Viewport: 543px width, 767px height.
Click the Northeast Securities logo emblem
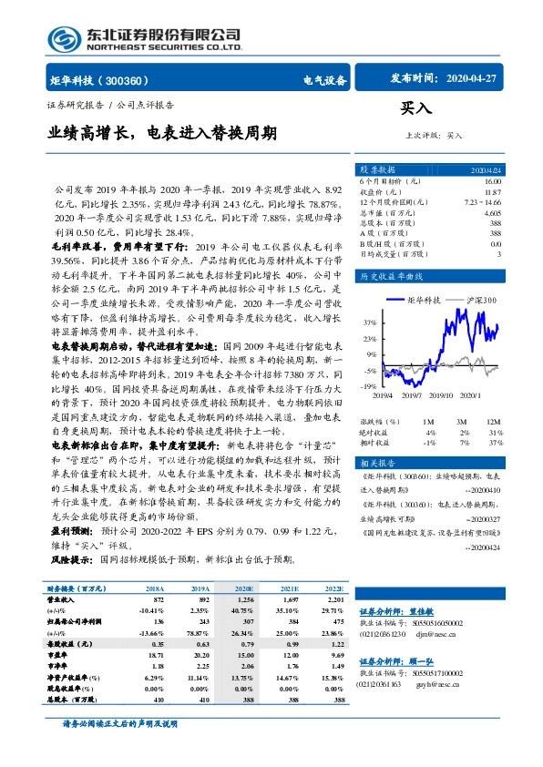click(x=61, y=38)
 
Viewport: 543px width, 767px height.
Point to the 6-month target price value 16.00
click(x=493, y=182)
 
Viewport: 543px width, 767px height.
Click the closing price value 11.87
click(x=493, y=192)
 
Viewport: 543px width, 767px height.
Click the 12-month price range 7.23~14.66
click(x=484, y=202)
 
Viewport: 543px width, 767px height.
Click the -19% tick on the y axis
click(x=367, y=386)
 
